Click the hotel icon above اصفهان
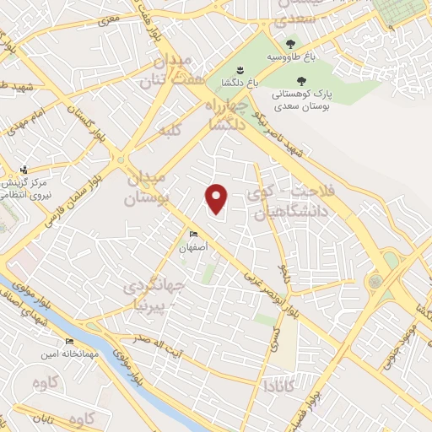(194, 235)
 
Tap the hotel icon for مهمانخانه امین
(69, 342)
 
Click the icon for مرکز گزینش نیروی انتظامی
(24, 169)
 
